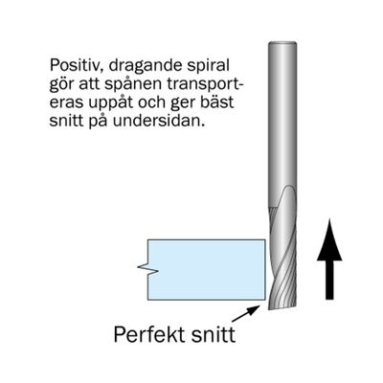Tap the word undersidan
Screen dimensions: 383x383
click(x=158, y=122)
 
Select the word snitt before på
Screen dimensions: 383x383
click(x=66, y=122)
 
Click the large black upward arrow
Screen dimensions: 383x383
click(x=329, y=259)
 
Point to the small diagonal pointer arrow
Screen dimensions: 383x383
click(x=245, y=314)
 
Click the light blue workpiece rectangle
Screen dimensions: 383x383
click(x=206, y=270)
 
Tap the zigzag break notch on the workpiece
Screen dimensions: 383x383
click(x=148, y=270)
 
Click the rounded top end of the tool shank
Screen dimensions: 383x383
click(x=282, y=43)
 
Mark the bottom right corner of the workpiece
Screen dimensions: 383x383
click(x=265, y=300)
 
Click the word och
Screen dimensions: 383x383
click(x=154, y=102)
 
